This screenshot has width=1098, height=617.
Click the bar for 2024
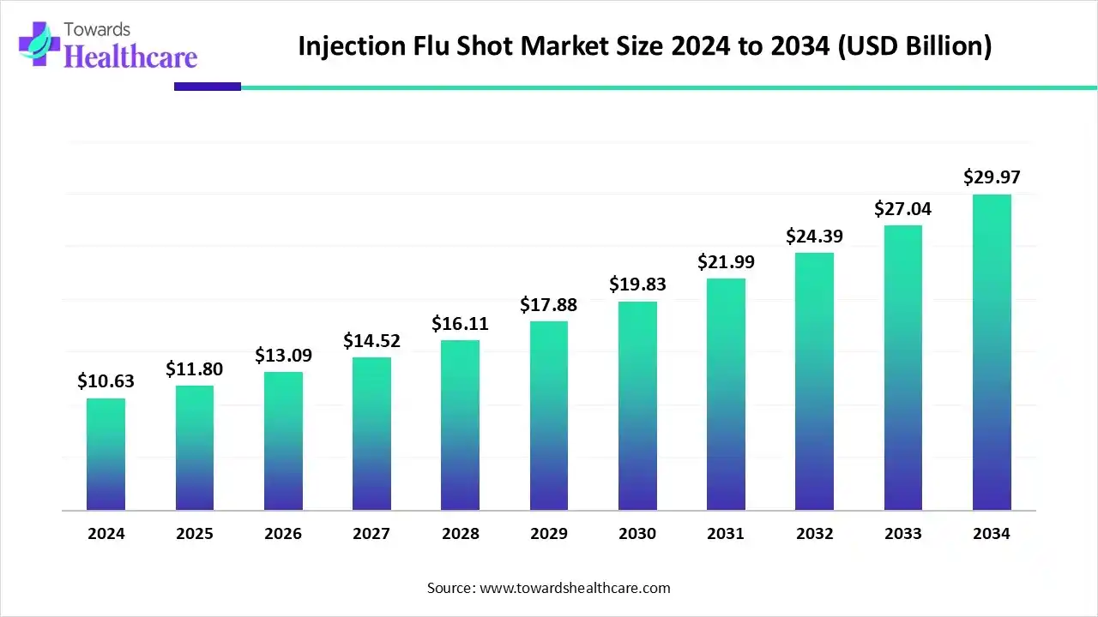pyautogui.click(x=106, y=454)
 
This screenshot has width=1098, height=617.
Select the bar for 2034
pyautogui.click(x=992, y=352)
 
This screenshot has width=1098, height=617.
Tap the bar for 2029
pyautogui.click(x=549, y=416)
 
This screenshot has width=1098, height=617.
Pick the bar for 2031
pyautogui.click(x=726, y=394)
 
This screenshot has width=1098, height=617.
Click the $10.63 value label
pyautogui.click(x=106, y=381)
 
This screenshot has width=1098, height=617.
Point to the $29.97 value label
pyautogui.click(x=992, y=177)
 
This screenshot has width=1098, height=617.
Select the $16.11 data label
pyautogui.click(x=460, y=323)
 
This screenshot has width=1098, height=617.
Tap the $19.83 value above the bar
pyautogui.click(x=637, y=285)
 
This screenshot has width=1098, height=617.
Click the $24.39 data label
pyautogui.click(x=814, y=236)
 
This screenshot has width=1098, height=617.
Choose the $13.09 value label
pyautogui.click(x=283, y=355)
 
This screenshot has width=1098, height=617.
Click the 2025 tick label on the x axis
pyautogui.click(x=194, y=534)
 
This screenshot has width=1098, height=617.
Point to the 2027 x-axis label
pyautogui.click(x=371, y=534)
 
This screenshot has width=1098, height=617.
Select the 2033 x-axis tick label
pyautogui.click(x=902, y=534)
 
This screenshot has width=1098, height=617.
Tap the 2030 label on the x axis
pyautogui.click(x=637, y=534)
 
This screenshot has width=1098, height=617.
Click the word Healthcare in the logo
pyautogui.click(x=130, y=57)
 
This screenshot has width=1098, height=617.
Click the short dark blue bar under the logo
pyautogui.click(x=208, y=87)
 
